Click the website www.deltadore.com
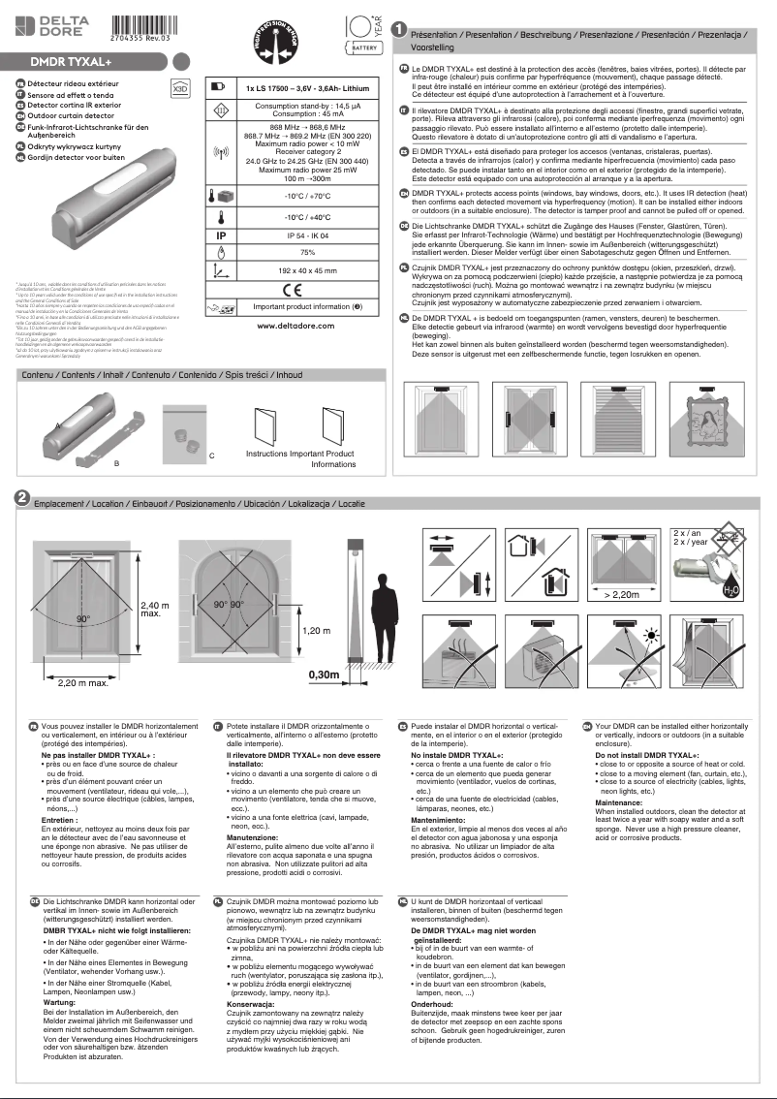point(296,326)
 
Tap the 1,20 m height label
point(318,631)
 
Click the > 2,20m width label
point(621,593)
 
